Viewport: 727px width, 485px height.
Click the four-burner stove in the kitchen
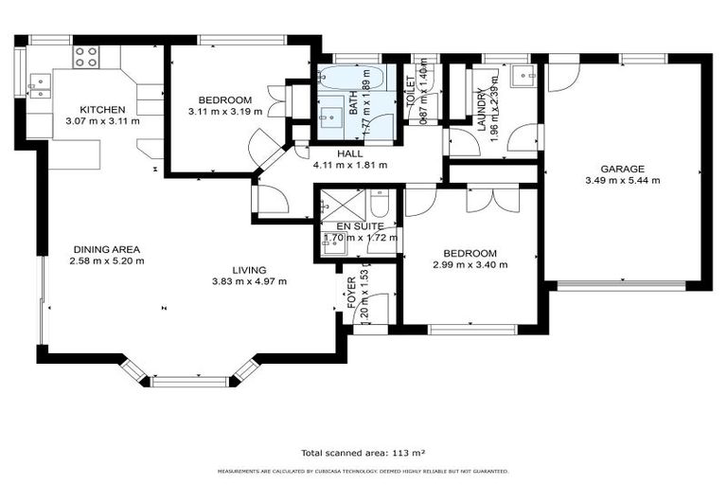[x=86, y=57]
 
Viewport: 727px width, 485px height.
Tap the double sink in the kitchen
[x=39, y=88]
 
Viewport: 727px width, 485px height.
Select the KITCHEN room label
[x=102, y=110]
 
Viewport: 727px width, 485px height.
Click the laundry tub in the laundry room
[x=521, y=76]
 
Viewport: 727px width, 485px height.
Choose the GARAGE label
[x=622, y=169]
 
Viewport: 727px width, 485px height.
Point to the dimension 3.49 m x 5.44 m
[x=622, y=180]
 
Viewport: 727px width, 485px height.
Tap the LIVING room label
[x=249, y=270]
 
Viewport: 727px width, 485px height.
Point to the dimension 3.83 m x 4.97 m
[x=249, y=281]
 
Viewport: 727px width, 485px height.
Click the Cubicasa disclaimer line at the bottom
[x=363, y=471]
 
